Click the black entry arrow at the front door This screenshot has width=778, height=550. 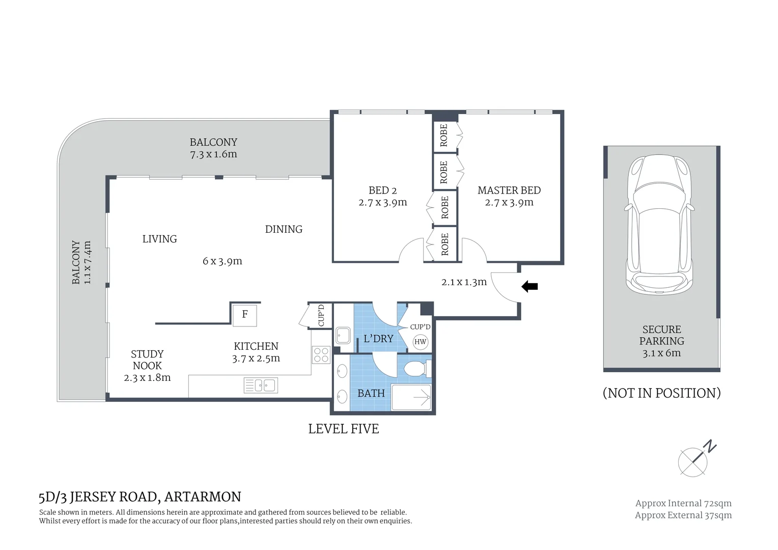(530, 287)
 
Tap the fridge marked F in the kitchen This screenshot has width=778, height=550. (245, 314)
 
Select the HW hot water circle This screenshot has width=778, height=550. (420, 342)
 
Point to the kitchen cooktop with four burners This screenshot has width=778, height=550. (321, 354)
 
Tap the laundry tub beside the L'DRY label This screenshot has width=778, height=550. (343, 336)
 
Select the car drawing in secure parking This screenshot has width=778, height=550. (660, 225)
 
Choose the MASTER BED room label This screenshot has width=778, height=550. (509, 190)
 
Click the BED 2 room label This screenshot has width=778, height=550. (382, 190)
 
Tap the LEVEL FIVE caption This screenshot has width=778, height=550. (344, 429)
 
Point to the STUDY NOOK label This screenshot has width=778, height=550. (147, 360)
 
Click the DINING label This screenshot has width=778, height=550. (284, 229)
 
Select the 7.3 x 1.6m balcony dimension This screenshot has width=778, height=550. (213, 154)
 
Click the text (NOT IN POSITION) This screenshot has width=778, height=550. (661, 393)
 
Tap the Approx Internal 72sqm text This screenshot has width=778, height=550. (683, 503)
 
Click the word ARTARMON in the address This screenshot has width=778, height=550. (203, 497)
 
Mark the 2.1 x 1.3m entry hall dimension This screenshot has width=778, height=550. (464, 282)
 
